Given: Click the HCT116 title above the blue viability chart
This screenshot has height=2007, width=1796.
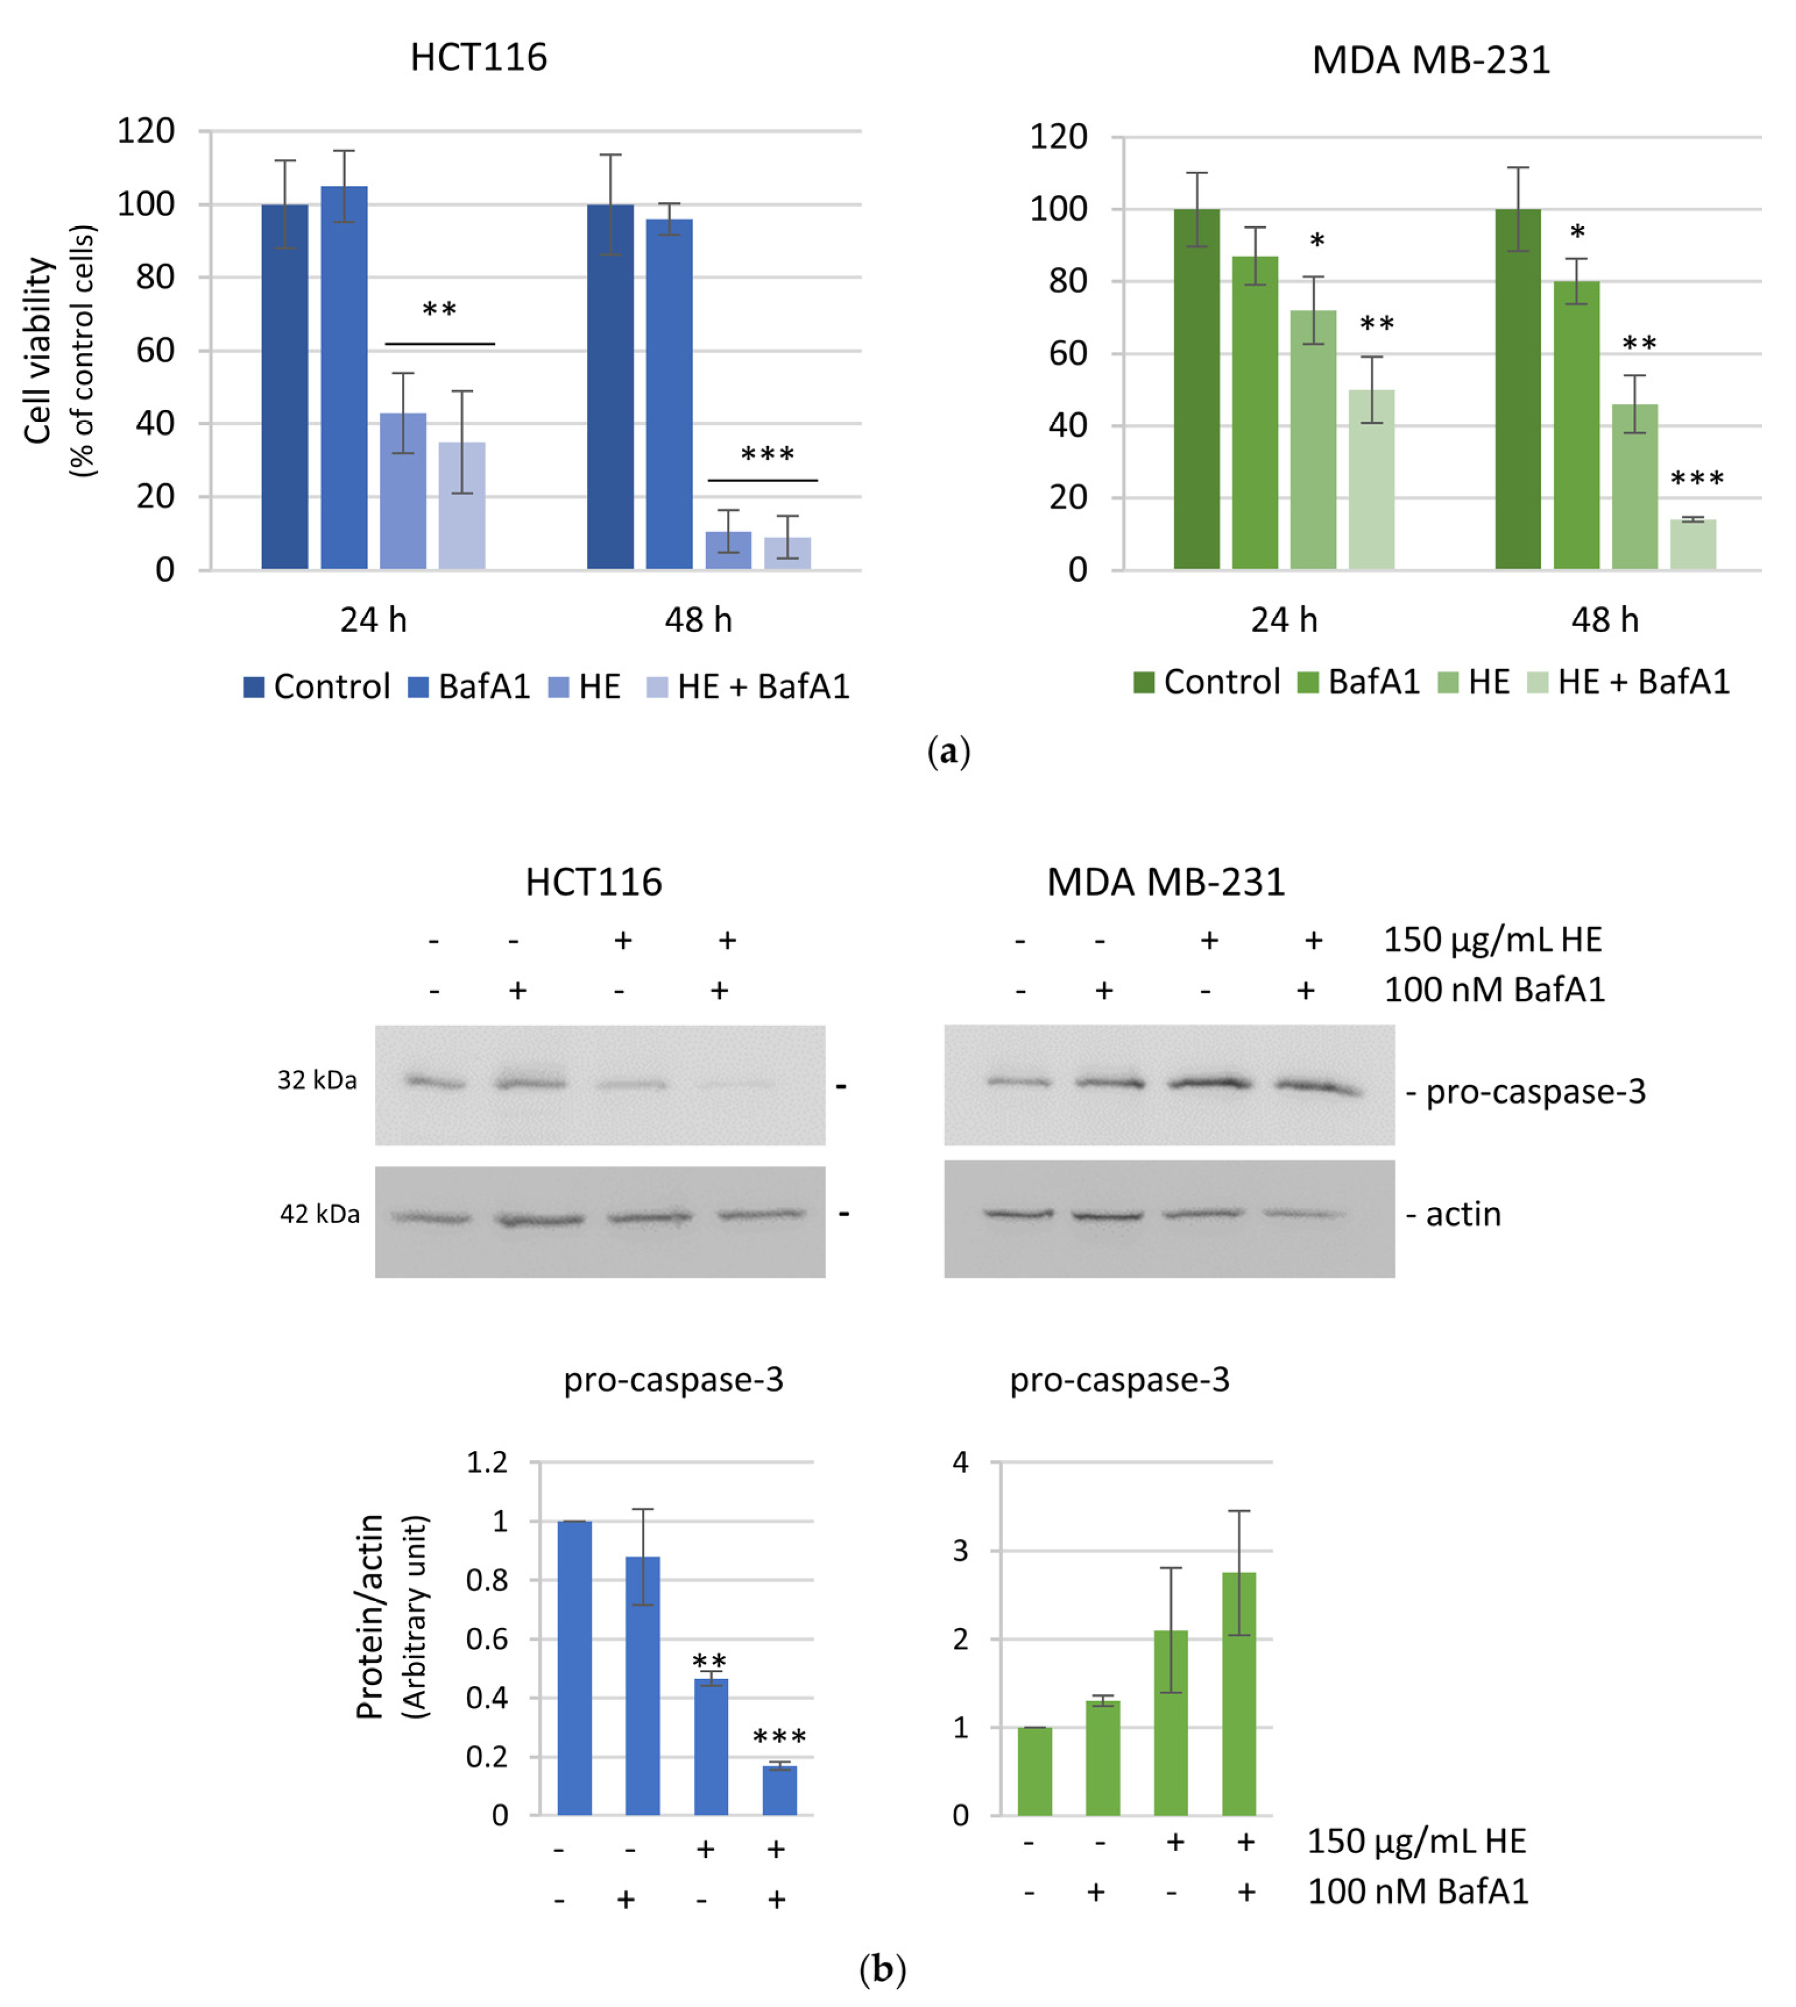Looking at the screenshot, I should point(479,57).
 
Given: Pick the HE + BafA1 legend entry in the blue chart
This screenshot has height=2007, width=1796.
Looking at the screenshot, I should point(748,686).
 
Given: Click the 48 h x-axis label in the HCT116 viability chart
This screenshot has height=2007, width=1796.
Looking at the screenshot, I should point(698,620).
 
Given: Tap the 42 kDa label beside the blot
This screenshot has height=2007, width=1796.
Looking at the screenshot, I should point(320,1214).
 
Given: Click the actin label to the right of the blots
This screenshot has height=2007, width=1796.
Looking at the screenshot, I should point(1462,1214).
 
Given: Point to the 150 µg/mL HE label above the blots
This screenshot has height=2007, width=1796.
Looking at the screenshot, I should point(1492,939).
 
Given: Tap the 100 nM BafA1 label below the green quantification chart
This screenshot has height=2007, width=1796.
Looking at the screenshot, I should point(1417,1892).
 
